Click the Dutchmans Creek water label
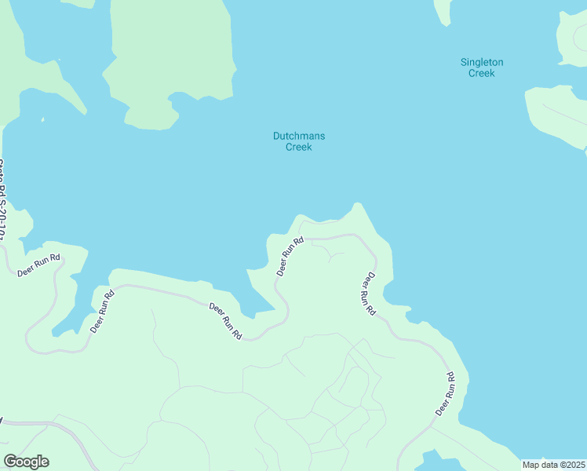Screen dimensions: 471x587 point(298,141)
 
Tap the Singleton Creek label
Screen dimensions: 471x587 point(481,68)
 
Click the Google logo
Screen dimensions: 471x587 point(26,462)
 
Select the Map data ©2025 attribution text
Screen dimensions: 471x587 point(554,465)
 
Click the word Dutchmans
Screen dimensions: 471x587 point(298,136)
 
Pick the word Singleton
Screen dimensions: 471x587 point(481,62)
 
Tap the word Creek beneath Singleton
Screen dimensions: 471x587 point(481,73)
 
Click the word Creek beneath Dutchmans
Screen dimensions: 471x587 point(298,147)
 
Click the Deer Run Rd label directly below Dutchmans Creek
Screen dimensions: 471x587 point(290,257)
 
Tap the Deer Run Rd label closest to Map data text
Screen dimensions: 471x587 point(446,394)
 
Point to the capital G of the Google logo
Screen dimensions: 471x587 point(10,462)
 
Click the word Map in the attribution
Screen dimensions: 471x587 point(531,465)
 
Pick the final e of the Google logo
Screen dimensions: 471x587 point(44,462)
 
